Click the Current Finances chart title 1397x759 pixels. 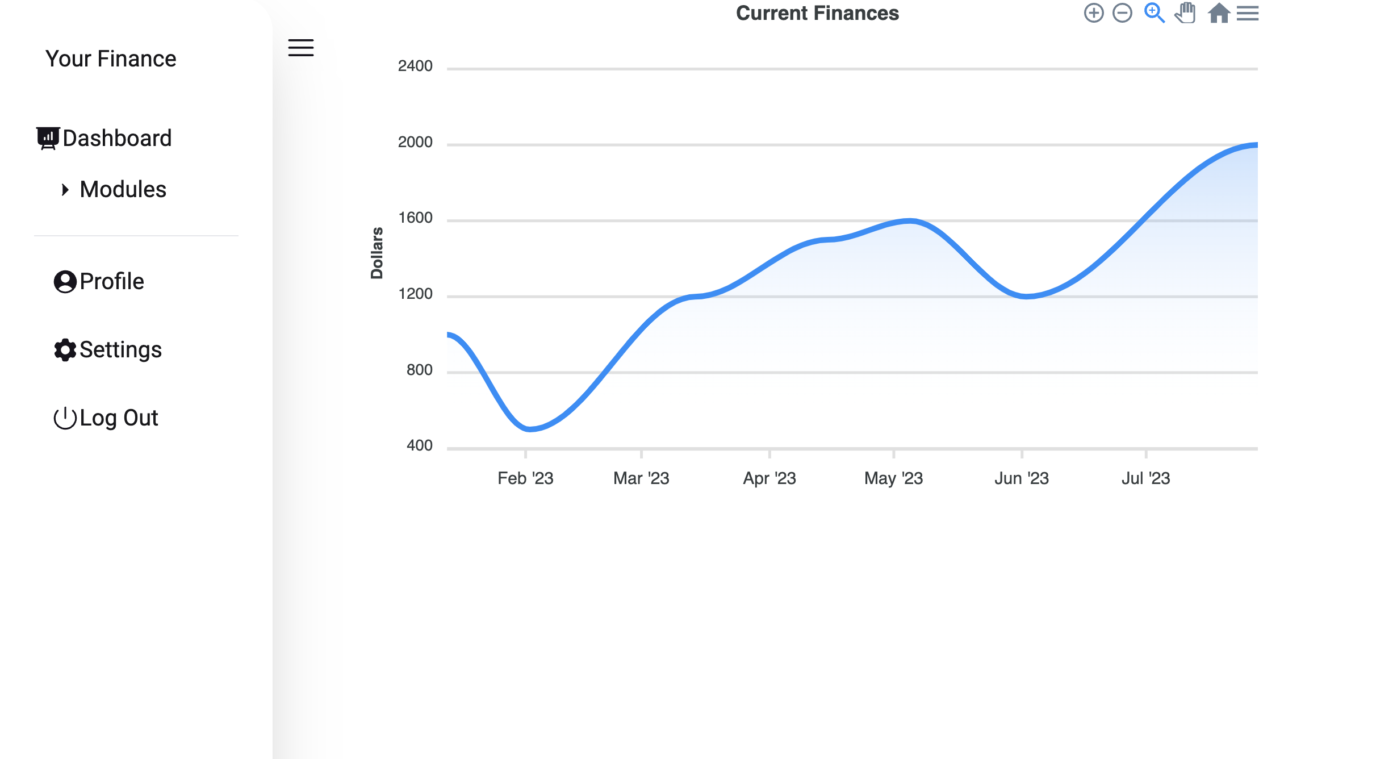point(817,13)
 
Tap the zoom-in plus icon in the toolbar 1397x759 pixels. point(1093,13)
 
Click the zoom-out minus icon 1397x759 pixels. point(1122,13)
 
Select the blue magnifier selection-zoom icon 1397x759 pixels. point(1154,13)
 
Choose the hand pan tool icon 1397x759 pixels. point(1185,13)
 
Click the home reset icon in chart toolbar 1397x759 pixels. point(1219,13)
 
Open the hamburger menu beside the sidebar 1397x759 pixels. point(300,48)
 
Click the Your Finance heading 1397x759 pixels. point(111,59)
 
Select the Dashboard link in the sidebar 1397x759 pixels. point(116,139)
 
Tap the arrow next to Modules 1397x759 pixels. point(65,190)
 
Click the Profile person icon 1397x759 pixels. point(65,282)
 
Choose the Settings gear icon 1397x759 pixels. point(65,350)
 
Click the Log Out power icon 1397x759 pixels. point(65,418)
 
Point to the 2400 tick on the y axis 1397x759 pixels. point(415,66)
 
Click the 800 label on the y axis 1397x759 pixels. point(419,370)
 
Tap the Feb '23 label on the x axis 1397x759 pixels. point(525,478)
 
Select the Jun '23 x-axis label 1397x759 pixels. point(1021,478)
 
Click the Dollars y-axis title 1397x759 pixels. point(377,253)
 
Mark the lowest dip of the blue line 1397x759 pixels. point(530,429)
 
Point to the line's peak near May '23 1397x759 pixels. point(910,220)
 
